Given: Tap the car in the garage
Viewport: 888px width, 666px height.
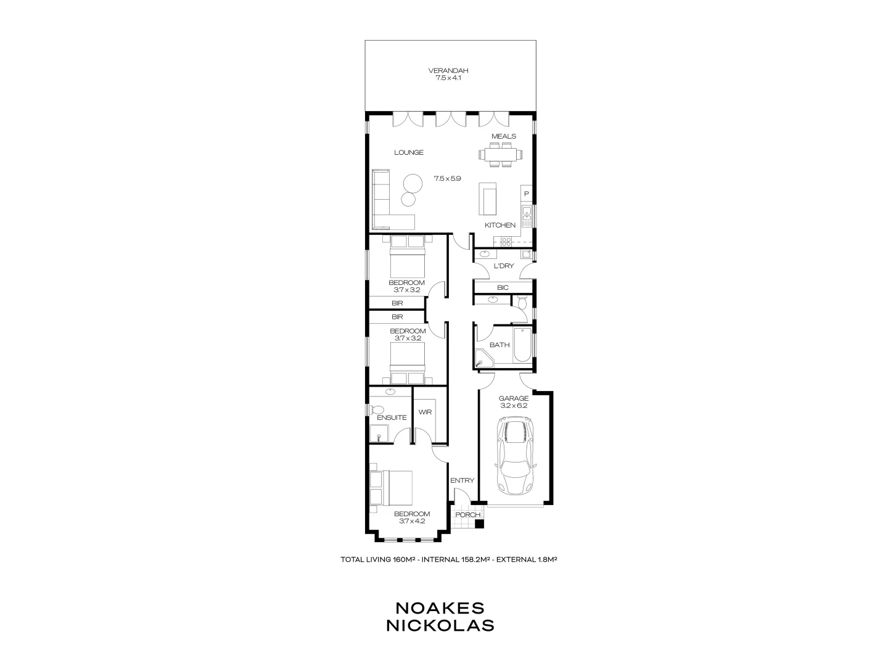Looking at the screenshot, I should coord(516,455).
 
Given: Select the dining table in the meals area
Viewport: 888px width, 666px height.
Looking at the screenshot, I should coord(499,154).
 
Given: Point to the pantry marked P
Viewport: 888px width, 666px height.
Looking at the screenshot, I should coord(526,194).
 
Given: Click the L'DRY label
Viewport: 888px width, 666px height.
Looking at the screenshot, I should coord(504,266).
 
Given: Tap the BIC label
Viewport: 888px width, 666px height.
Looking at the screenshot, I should coord(503,288).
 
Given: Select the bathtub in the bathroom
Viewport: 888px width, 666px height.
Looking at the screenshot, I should coord(522,345).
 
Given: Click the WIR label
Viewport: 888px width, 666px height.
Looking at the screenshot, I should coord(425,412).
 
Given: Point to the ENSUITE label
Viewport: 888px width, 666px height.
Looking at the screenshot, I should coord(392,417).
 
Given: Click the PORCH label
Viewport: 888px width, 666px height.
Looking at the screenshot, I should coord(467,515).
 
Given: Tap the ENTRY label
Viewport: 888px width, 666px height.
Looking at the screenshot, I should coord(462,481).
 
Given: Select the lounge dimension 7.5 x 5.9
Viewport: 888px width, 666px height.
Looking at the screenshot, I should coord(448,178).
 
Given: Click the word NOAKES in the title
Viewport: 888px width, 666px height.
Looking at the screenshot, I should coord(440,607).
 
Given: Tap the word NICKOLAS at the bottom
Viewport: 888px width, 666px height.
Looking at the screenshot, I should coord(440,625).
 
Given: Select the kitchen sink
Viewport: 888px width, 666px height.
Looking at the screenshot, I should coord(527,213).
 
